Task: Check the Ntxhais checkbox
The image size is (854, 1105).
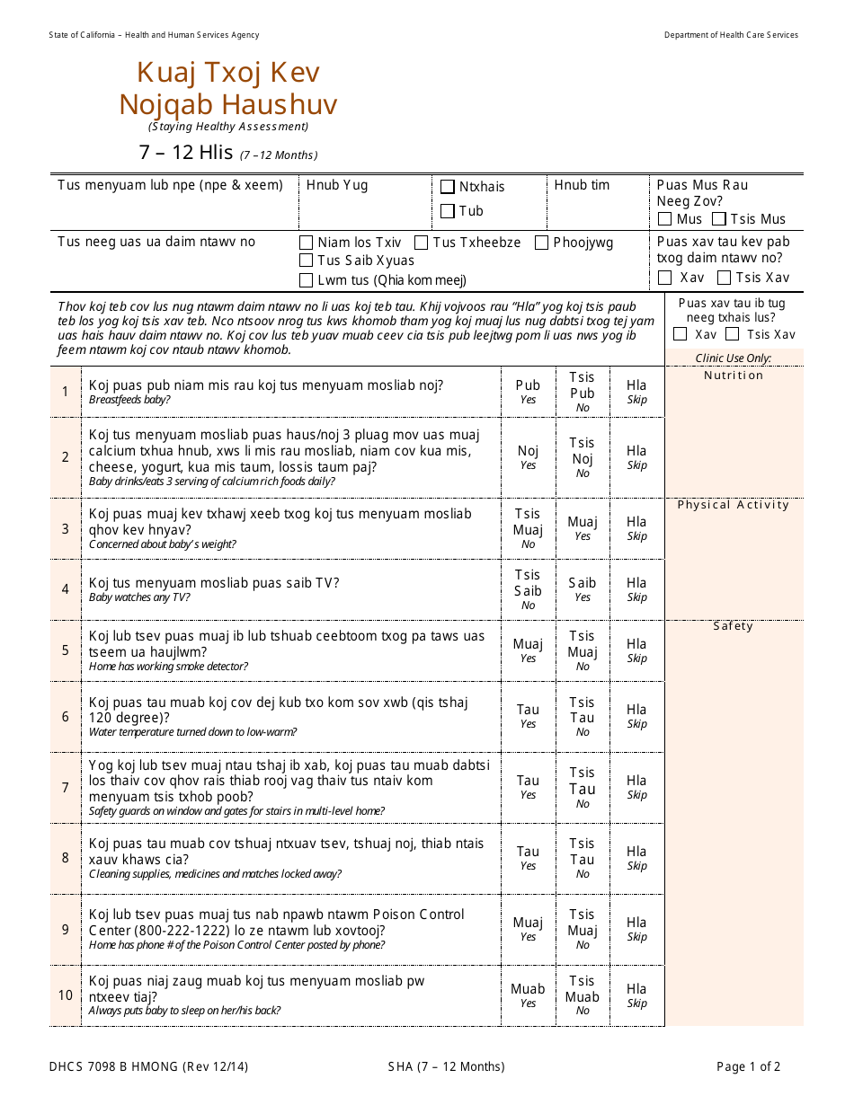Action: point(448,187)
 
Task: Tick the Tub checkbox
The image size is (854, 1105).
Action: point(448,212)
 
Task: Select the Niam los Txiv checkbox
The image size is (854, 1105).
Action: point(307,243)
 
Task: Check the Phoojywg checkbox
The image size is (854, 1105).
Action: point(541,243)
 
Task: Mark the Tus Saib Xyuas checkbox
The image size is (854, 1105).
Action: point(307,261)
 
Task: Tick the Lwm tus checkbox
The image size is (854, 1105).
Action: point(307,279)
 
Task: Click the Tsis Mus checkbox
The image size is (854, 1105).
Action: point(719,219)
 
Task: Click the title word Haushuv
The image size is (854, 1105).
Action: point(286,105)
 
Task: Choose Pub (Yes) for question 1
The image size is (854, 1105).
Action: point(528,391)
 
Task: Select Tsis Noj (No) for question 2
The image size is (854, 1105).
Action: point(583,457)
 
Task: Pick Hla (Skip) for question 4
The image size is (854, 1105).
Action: point(636,588)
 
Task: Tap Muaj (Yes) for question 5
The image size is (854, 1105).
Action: point(528,650)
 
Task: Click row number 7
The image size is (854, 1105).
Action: point(65,788)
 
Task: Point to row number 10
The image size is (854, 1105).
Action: point(66,994)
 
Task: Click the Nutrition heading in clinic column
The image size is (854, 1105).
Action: point(734,376)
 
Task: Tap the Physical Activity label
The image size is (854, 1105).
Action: point(734,505)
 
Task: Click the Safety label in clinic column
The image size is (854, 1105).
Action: point(734,626)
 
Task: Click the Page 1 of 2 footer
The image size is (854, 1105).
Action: point(748,1067)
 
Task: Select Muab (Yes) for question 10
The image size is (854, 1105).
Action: point(528,994)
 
